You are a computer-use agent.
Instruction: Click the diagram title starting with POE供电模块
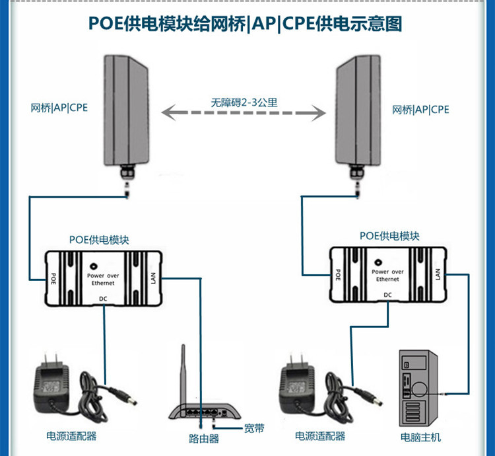tap(246, 24)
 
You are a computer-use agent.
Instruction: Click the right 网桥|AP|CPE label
tap(420, 109)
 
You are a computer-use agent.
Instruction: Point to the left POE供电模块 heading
tap(99, 239)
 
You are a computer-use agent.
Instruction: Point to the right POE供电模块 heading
tap(389, 236)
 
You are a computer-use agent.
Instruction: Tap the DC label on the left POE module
tap(102, 299)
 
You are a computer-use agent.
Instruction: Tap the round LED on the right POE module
tap(380, 260)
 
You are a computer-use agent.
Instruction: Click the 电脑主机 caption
tap(420, 437)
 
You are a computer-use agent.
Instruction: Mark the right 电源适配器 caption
tap(320, 436)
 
